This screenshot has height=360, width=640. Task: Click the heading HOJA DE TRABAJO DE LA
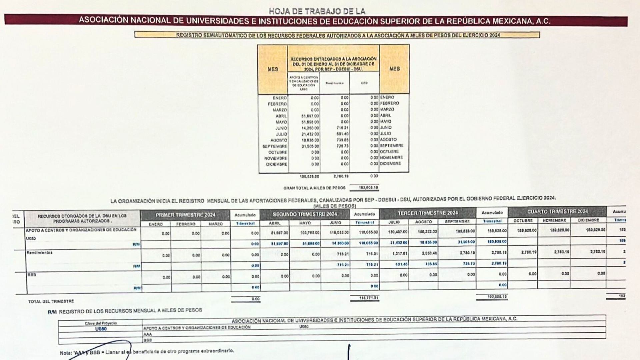pyautogui.click(x=317, y=11)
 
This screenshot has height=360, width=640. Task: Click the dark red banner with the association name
pyautogui.click(x=315, y=21)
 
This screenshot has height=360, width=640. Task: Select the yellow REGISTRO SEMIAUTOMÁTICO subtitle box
pyautogui.click(x=337, y=35)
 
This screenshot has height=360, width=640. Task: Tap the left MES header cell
pyautogui.click(x=273, y=69)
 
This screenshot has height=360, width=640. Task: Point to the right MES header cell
pyautogui.click(x=394, y=69)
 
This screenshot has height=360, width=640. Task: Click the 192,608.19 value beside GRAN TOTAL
pyautogui.click(x=368, y=188)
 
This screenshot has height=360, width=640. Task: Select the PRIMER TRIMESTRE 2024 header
pyautogui.click(x=185, y=215)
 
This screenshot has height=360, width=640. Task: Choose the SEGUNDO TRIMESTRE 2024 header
pyautogui.click(x=305, y=214)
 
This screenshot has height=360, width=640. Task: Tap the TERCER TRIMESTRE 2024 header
pyautogui.click(x=428, y=213)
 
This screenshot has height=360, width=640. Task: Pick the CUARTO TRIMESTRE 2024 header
pyautogui.click(x=557, y=212)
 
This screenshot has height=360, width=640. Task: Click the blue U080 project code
pyautogui.click(x=101, y=329)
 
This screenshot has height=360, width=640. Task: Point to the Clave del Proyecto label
pyautogui.click(x=101, y=323)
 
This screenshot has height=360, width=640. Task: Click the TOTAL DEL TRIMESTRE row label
pyautogui.click(x=51, y=301)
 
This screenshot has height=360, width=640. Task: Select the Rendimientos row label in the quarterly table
pyautogui.click(x=40, y=253)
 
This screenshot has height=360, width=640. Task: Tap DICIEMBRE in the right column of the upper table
pyautogui.click(x=390, y=164)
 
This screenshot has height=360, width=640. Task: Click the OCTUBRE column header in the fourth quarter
pyautogui.click(x=523, y=220)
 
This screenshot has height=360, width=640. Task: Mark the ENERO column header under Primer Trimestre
pyautogui.click(x=156, y=224)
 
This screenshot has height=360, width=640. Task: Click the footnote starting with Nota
pyautogui.click(x=147, y=351)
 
